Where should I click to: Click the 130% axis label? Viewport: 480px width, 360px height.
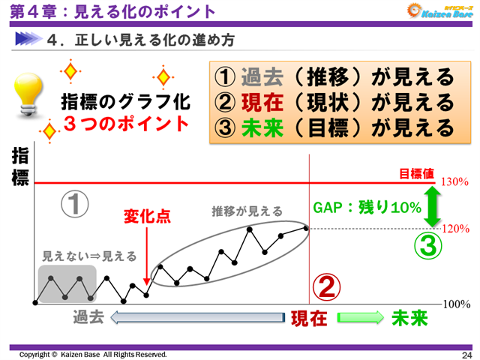(x=454, y=182)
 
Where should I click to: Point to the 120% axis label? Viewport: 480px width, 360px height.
(x=454, y=227)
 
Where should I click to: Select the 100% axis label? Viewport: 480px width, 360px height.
(x=456, y=304)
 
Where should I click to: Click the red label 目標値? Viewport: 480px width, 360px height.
(x=416, y=173)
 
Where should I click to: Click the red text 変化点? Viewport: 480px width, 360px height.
(x=147, y=217)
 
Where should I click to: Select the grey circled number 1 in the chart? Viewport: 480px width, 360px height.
(x=75, y=204)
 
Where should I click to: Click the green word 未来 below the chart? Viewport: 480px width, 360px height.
(x=409, y=318)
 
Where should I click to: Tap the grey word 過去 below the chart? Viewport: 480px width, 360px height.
(x=88, y=317)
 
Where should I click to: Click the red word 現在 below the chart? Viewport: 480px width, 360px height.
(x=309, y=318)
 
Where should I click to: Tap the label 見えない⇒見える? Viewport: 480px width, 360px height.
(x=89, y=256)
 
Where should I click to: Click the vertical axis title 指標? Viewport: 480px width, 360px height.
(x=20, y=167)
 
